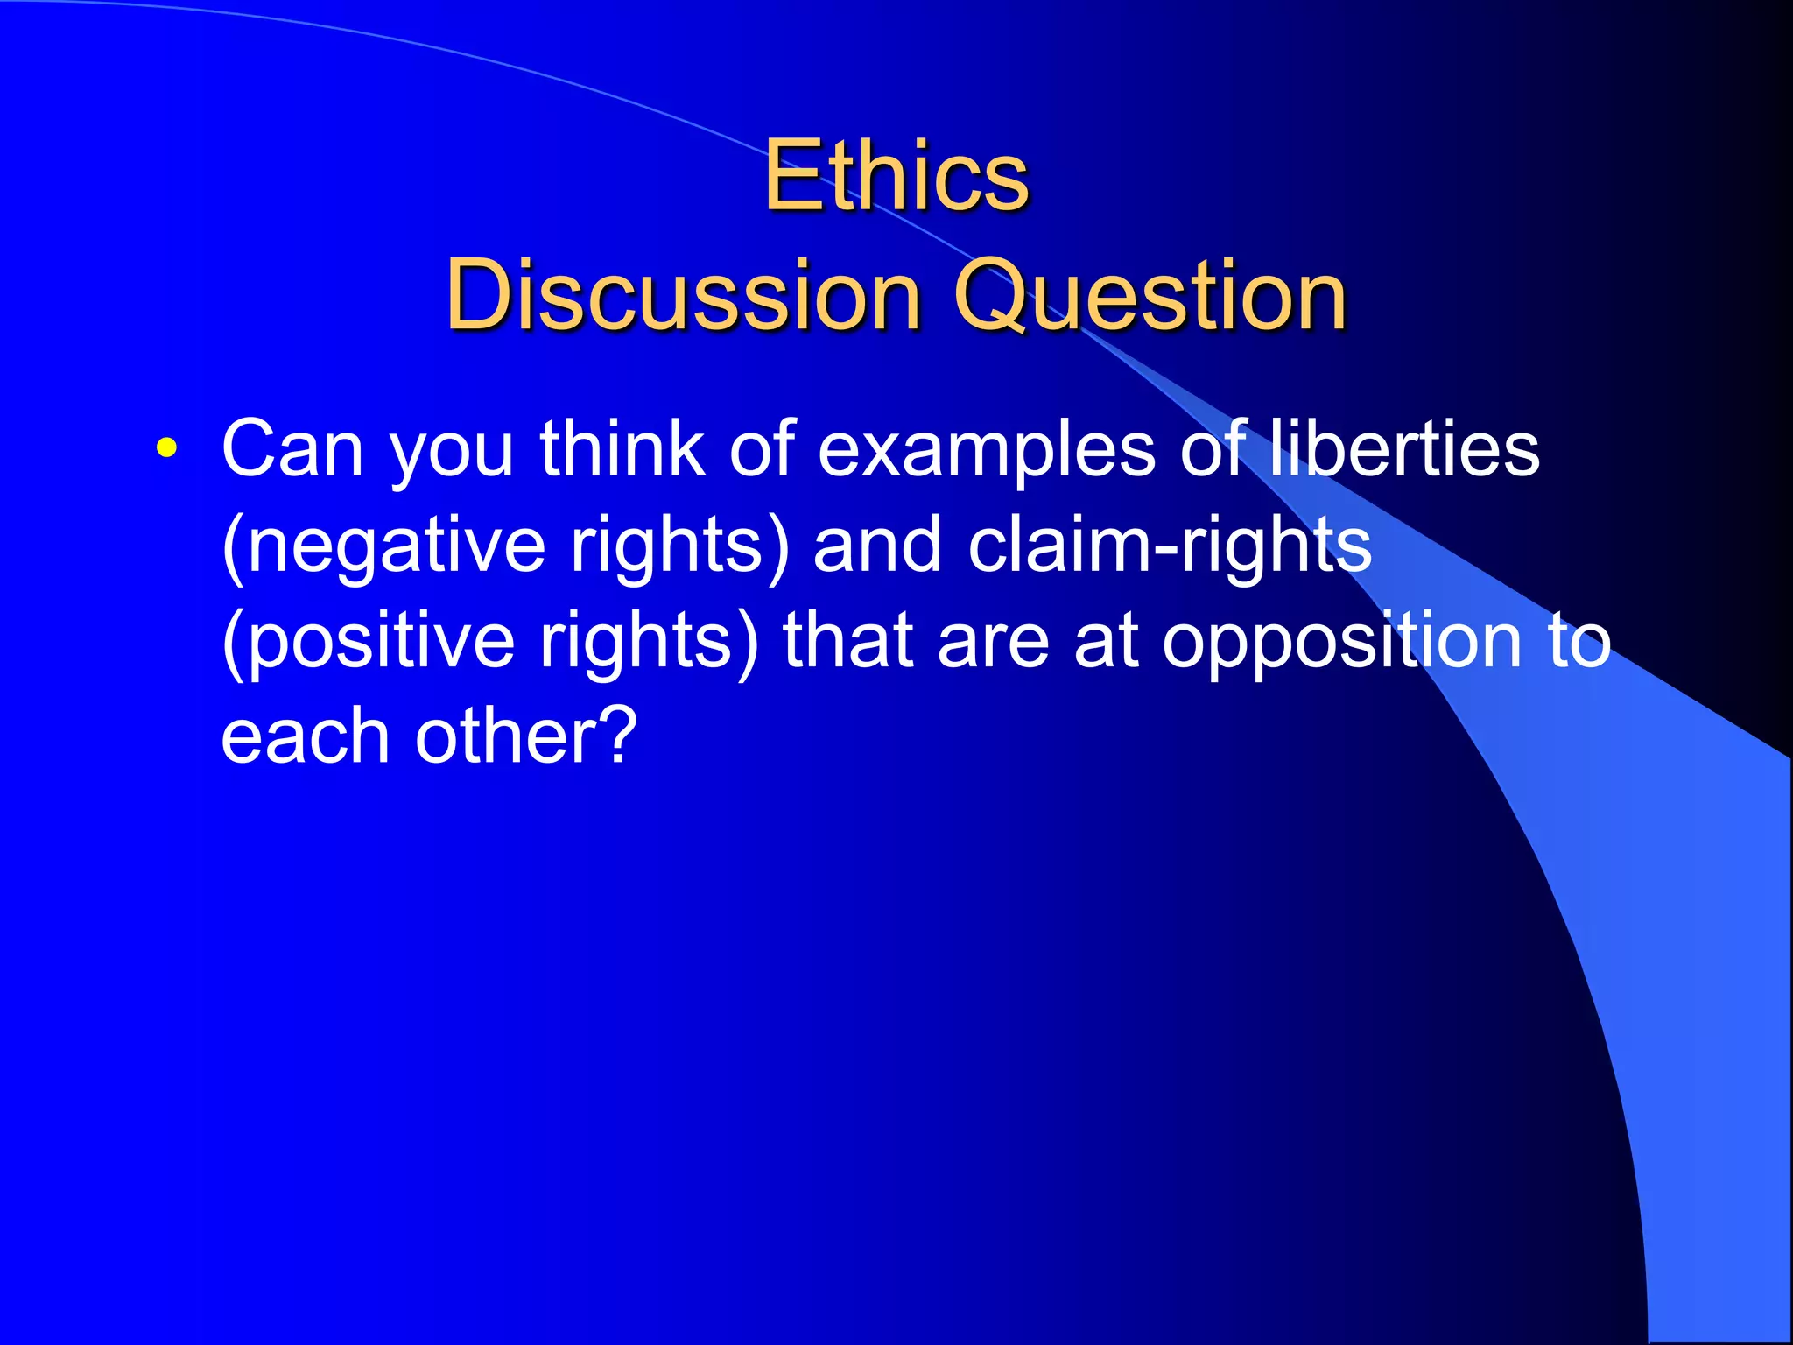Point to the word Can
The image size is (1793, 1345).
coord(292,448)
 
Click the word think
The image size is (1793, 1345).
coord(622,448)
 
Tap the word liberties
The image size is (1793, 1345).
coord(1403,448)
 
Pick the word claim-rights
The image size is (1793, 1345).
coord(1170,545)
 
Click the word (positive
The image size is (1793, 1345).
coord(368,642)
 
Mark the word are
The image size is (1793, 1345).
coord(993,642)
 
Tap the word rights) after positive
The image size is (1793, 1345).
coord(649,642)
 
